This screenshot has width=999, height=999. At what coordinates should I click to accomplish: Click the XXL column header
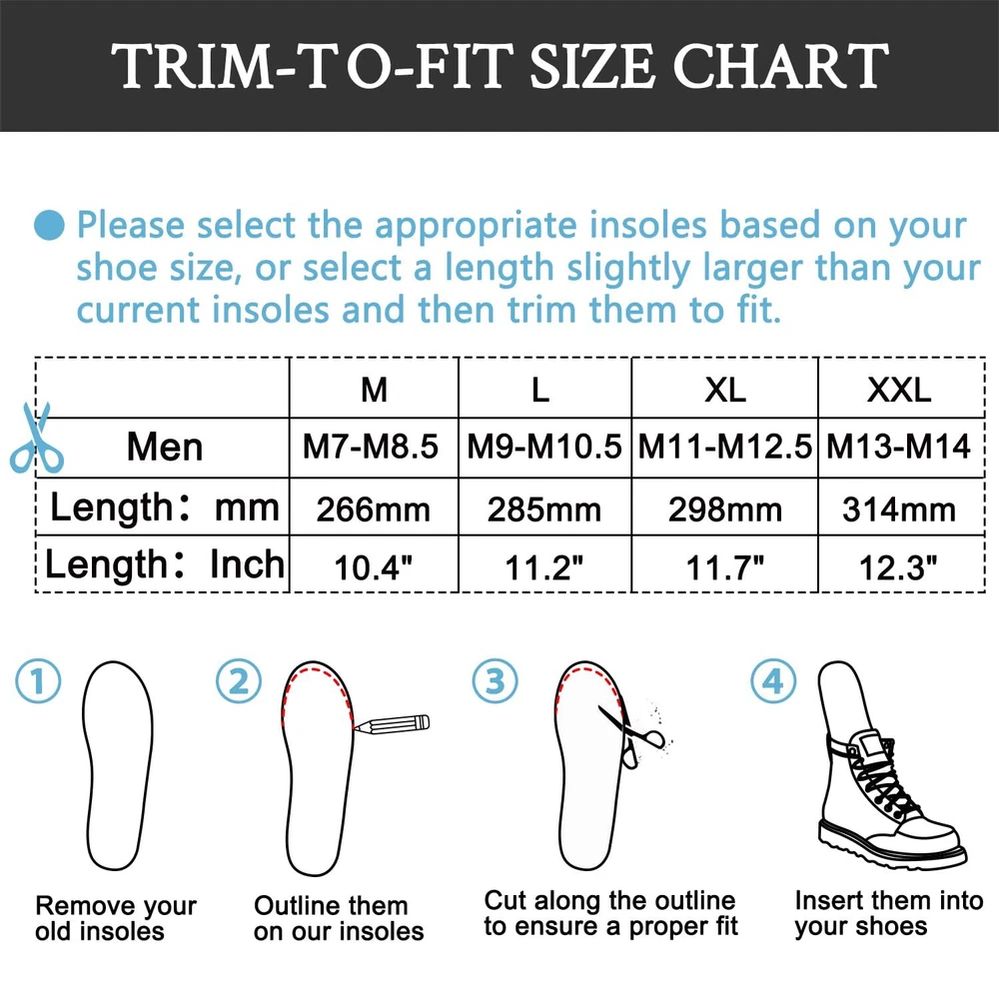[899, 390]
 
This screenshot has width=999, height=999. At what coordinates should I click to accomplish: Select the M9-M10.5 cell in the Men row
[544, 446]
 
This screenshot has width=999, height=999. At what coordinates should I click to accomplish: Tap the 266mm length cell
[374, 509]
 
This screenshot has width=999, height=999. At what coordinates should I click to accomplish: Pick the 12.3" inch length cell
[898, 567]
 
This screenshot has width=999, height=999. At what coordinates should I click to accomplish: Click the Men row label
[165, 446]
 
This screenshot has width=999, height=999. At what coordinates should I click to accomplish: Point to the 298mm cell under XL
[725, 509]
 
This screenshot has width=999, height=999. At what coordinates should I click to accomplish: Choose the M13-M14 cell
[898, 446]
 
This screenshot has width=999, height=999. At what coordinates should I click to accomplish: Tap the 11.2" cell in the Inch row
[544, 567]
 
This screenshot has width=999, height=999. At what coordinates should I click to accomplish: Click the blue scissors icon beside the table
[36, 438]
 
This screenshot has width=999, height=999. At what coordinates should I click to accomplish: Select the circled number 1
[38, 680]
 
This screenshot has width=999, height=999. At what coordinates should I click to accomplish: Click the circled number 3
[496, 680]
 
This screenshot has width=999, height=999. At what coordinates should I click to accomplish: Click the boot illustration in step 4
[889, 764]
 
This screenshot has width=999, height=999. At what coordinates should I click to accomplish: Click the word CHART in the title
[780, 66]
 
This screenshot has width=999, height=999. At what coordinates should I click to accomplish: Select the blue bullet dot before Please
[49, 225]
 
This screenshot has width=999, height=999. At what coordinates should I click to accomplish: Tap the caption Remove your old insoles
[116, 918]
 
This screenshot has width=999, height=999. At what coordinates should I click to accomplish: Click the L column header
[540, 390]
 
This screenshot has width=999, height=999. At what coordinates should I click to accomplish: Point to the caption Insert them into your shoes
[889, 913]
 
